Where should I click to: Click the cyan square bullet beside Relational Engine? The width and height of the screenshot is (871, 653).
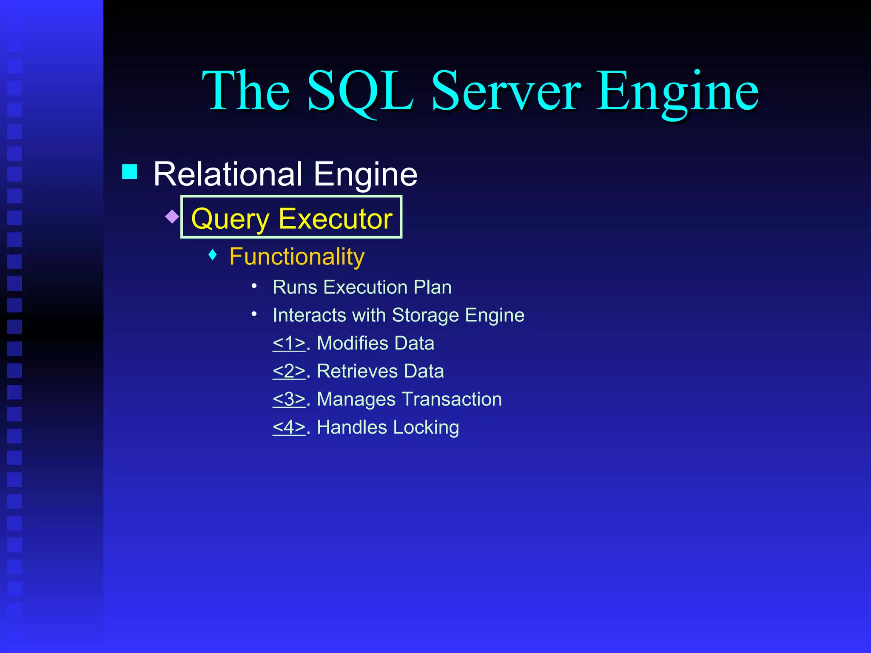coord(130,172)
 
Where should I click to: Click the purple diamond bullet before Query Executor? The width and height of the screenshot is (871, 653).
coord(172,216)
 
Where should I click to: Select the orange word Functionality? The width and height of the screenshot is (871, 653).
coord(297,256)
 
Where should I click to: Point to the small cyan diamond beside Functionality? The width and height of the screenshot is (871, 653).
coord(213,255)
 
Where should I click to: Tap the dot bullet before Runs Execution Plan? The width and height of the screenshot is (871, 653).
coord(254,286)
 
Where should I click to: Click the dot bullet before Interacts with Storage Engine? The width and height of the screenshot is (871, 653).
coord(254,314)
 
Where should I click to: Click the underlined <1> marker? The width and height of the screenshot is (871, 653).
coord(289,343)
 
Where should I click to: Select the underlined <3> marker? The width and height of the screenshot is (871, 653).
coord(289,399)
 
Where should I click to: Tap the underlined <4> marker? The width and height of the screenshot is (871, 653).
coord(289,427)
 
